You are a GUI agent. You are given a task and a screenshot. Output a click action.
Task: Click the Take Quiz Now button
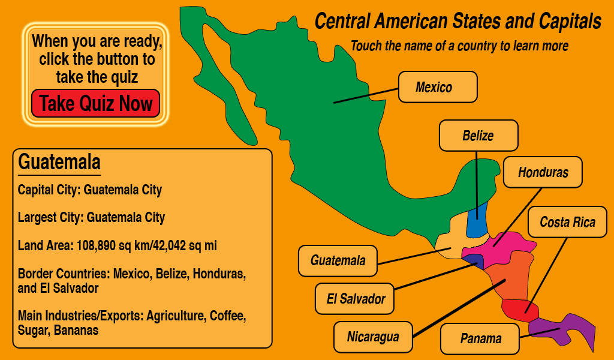tap(96, 103)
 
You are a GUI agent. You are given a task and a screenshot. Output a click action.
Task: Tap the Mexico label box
tap(438, 87)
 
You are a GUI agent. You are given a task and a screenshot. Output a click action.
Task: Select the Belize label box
tap(478, 136)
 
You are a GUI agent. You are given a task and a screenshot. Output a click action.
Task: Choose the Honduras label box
tap(543, 172)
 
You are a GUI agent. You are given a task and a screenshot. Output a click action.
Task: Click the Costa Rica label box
tap(567, 222)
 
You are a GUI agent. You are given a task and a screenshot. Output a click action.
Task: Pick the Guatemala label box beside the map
tap(338, 261)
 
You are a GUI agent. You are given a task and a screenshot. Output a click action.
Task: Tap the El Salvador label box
tap(355, 298)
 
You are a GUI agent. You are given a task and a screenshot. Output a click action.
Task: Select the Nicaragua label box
tap(372, 336)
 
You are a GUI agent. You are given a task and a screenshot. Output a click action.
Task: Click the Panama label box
tap(480, 338)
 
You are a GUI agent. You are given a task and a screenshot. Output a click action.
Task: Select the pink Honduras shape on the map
tap(504, 246)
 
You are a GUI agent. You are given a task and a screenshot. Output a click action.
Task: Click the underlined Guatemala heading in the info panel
tap(59, 162)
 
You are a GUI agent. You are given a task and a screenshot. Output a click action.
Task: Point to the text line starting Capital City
tap(90, 190)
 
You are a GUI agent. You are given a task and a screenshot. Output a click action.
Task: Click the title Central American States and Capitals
tap(458, 22)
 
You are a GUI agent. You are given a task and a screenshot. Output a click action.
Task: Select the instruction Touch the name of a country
tap(459, 46)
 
